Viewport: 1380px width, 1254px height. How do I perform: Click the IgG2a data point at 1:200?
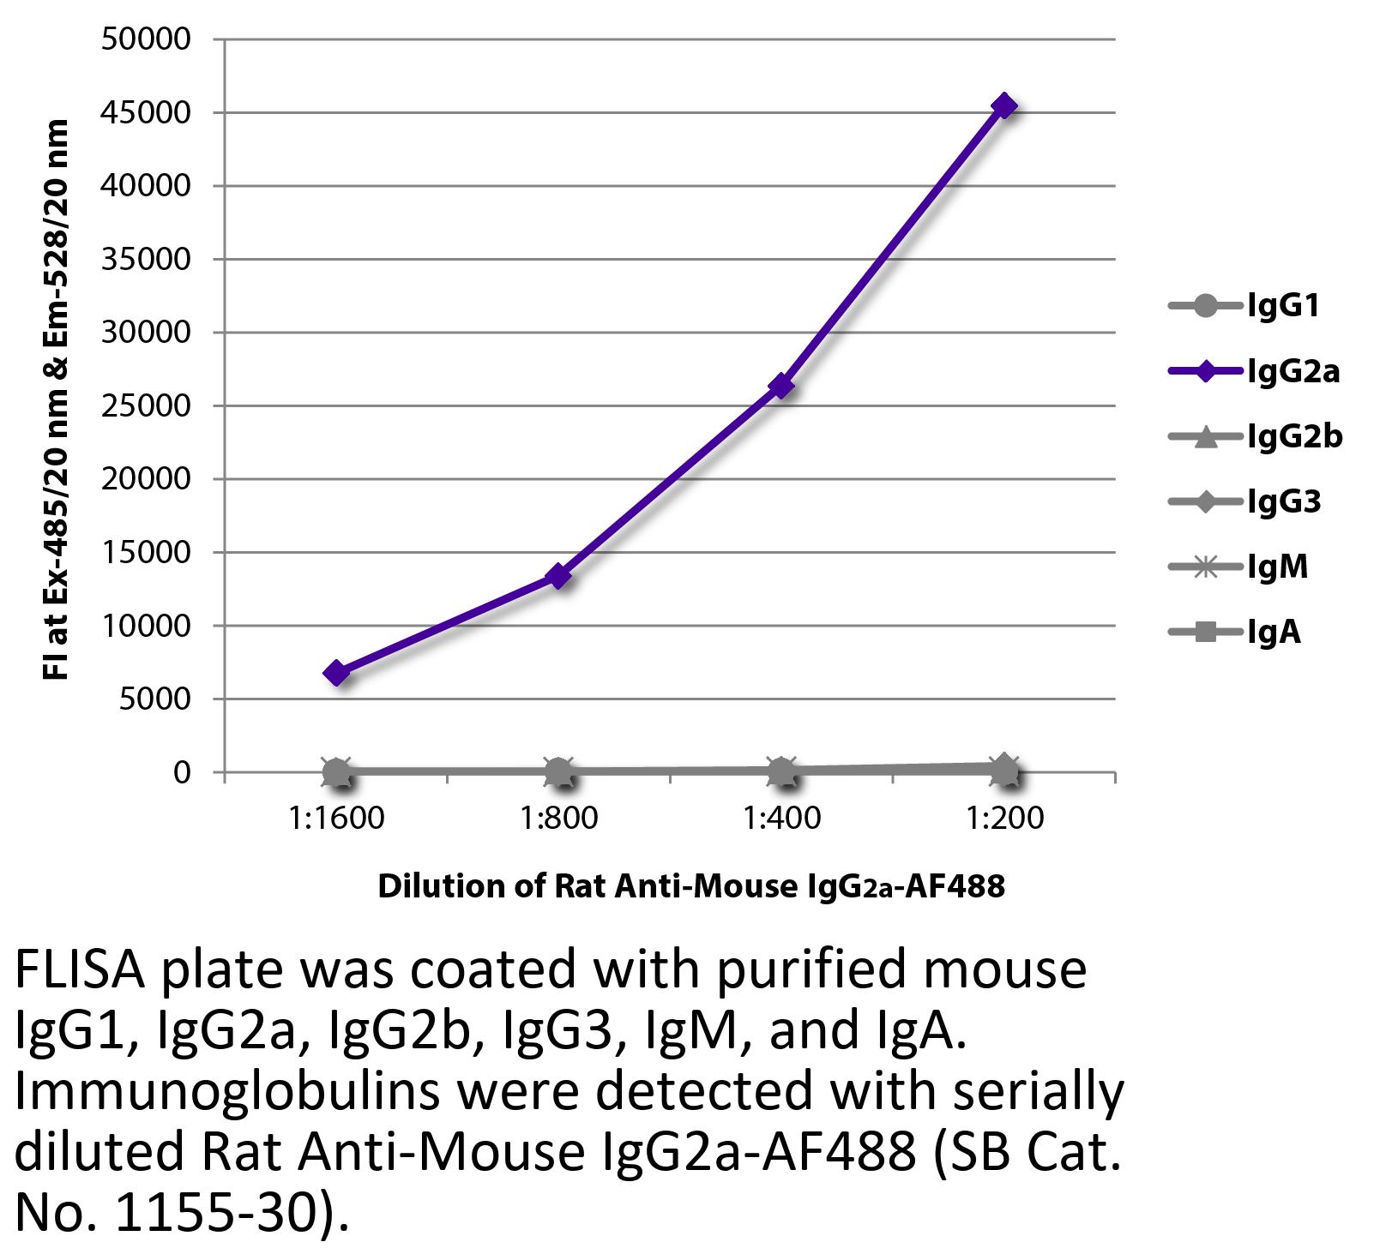click(1003, 106)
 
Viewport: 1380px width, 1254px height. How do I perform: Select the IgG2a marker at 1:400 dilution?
click(781, 387)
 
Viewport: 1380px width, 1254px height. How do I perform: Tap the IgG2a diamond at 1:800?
click(558, 576)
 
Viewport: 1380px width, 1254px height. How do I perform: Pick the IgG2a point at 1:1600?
click(336, 673)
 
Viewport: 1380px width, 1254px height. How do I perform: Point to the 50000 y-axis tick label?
click(145, 39)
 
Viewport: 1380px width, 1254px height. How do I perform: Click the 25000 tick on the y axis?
click(145, 406)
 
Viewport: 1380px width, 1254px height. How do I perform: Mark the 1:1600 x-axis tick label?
click(336, 819)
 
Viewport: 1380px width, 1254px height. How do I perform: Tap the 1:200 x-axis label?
click(1004, 819)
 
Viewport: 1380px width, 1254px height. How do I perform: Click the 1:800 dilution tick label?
click(558, 819)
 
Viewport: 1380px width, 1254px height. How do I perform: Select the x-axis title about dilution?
click(690, 886)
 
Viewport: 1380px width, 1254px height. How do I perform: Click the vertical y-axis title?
click(57, 399)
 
